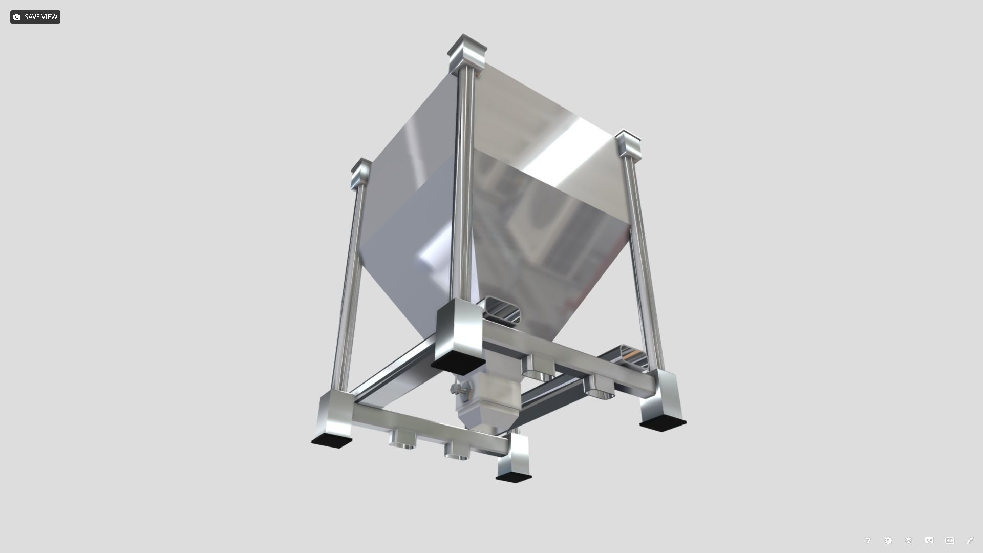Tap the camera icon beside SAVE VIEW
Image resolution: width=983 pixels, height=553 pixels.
(x=17, y=17)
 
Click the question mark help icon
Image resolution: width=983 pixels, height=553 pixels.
(x=868, y=540)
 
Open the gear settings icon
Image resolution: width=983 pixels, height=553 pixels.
(x=888, y=540)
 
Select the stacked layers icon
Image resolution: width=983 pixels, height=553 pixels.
(x=909, y=540)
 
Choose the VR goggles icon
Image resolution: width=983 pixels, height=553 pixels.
(x=929, y=540)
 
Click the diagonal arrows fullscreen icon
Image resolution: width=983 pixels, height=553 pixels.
(x=970, y=540)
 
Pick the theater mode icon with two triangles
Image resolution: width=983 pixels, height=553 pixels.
(x=950, y=540)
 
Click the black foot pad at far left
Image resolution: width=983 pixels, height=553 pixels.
(x=332, y=440)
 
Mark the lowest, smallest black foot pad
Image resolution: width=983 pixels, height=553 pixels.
(x=514, y=477)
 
